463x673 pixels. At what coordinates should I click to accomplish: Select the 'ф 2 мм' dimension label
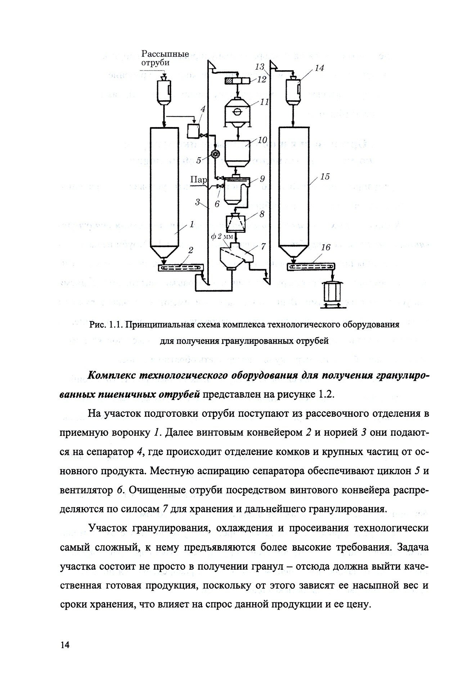(x=222, y=236)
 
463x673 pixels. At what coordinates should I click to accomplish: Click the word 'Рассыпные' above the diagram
(x=165, y=54)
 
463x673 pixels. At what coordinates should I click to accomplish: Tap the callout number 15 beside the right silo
(x=325, y=177)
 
